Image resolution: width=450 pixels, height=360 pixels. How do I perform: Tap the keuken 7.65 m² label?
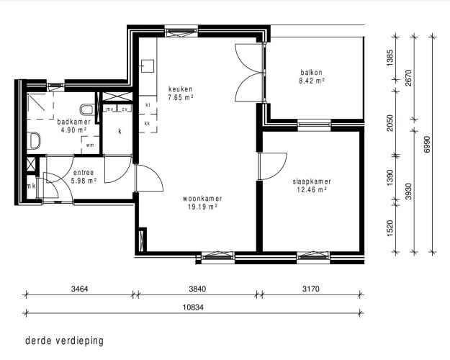[181, 94]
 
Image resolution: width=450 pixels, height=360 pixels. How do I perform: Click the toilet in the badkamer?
[86, 109]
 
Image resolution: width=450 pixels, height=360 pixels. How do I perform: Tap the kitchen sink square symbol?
[148, 66]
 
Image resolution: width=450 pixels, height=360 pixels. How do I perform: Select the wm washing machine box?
[90, 145]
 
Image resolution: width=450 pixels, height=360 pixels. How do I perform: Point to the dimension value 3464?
[79, 289]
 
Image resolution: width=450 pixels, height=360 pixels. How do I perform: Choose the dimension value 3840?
[197, 289]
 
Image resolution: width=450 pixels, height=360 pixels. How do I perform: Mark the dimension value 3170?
[311, 289]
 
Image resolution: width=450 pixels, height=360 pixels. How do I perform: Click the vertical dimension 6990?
[427, 145]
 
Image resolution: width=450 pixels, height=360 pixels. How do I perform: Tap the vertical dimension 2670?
[409, 78]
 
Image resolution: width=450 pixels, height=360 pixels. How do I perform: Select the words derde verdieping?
[64, 341]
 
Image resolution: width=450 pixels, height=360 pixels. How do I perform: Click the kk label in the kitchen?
[147, 124]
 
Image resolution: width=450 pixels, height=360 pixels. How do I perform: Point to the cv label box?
[125, 109]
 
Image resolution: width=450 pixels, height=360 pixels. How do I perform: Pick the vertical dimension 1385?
[390, 58]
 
